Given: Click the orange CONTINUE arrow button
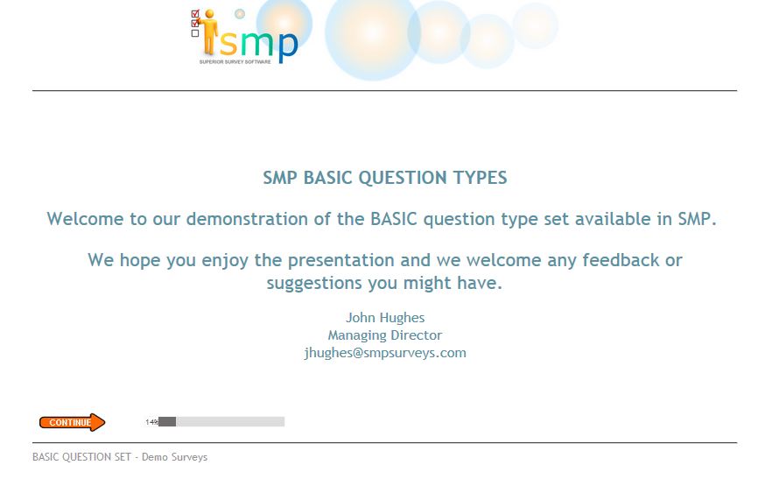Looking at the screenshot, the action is (x=72, y=423).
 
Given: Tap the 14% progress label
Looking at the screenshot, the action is (x=151, y=422).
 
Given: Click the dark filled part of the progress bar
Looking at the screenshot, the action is (x=167, y=421).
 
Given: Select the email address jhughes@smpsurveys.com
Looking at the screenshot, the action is (x=385, y=353).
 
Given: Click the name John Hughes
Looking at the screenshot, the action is (x=385, y=318).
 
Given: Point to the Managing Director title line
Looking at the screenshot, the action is (x=385, y=335).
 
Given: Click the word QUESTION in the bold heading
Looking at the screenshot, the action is (x=403, y=178).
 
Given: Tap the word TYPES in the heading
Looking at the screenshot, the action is (x=480, y=178).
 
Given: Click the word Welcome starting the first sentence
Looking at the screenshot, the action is (x=85, y=219).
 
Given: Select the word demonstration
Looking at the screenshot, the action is (x=247, y=219).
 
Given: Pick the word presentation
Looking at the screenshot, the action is (x=341, y=261).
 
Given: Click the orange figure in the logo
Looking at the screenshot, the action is (x=209, y=32).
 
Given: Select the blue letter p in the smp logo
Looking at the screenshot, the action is (x=287, y=47).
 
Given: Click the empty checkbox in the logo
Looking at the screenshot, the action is (x=195, y=33).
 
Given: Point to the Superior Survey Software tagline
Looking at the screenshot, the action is (x=235, y=62).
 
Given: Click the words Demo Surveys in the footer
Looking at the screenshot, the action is (x=175, y=457).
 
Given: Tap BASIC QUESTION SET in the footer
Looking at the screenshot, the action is (x=81, y=457).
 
